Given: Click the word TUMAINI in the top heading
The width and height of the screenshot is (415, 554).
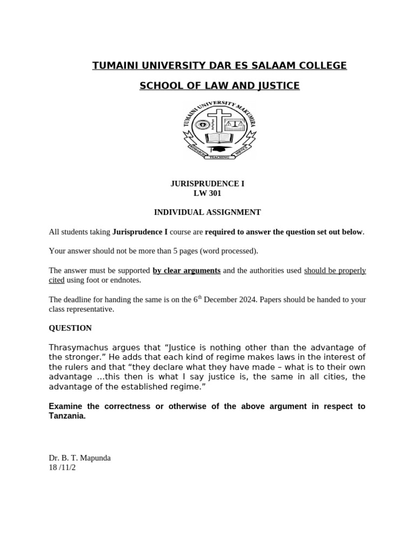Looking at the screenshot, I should coord(115,65).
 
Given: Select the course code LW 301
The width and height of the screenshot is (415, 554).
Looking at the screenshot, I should coord(207,193).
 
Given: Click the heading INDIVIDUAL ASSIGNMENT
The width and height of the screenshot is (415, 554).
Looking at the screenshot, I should coord(207,213).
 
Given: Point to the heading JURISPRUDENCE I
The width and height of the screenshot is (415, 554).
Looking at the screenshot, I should coord(207,184).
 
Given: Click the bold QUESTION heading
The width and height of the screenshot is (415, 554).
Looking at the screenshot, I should coord(70,328).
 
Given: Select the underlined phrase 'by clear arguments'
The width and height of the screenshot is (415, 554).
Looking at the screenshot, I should coord(186,271).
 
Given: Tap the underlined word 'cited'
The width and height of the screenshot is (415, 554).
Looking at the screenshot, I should coord(57,280).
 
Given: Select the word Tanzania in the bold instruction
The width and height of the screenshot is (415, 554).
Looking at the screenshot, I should coord(67,416).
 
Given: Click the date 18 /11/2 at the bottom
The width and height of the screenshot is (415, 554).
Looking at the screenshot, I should coord(62,467).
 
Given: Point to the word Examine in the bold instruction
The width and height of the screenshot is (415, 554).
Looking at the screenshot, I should coord(65,406).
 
